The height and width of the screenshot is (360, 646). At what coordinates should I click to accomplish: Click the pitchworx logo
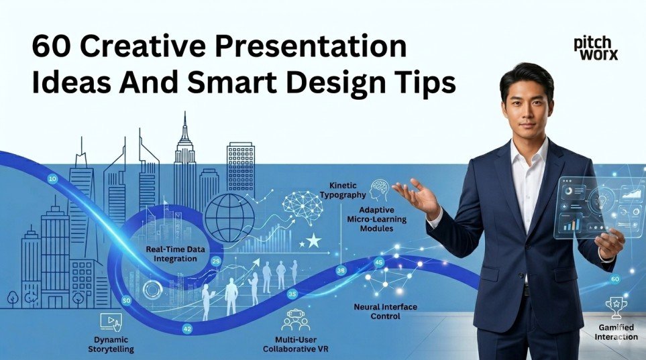pyautogui.click(x=596, y=48)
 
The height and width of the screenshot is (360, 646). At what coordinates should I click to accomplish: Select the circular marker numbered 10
pyautogui.click(x=53, y=178)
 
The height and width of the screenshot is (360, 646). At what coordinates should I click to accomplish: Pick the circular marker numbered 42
pyautogui.click(x=187, y=328)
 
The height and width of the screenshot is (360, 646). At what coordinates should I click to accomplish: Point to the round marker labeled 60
pyautogui.click(x=616, y=279)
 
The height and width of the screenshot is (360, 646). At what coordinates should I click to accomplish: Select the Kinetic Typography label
pyautogui.click(x=347, y=190)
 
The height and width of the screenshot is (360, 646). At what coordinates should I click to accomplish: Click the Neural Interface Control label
pyautogui.click(x=385, y=311)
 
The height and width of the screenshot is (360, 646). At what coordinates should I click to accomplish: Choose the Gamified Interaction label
pyautogui.click(x=615, y=332)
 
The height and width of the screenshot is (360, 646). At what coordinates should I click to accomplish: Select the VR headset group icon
pyautogui.click(x=296, y=320)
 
